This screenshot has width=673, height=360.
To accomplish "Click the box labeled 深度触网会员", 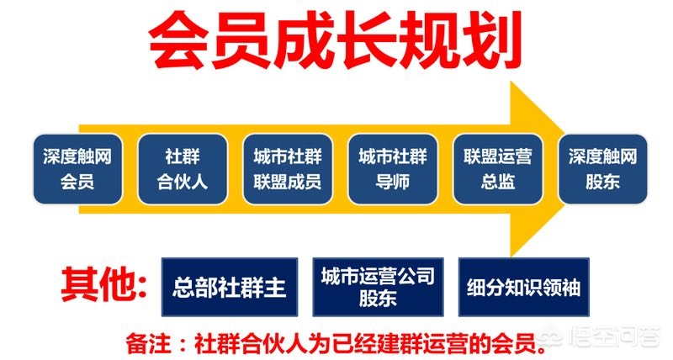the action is pyautogui.click(x=77, y=169).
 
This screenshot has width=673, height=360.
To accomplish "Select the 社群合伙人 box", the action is pyautogui.click(x=183, y=169).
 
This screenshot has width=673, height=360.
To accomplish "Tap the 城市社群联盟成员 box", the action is pyautogui.click(x=288, y=169).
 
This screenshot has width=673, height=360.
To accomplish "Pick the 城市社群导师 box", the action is pyautogui.click(x=393, y=169).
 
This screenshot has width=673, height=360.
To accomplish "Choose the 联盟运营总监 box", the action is pyautogui.click(x=498, y=169).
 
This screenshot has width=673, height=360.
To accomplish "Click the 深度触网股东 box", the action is pyautogui.click(x=603, y=169).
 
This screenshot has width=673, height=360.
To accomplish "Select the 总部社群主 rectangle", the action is pyautogui.click(x=229, y=287).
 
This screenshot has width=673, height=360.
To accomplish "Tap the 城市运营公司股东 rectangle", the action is pyautogui.click(x=378, y=287).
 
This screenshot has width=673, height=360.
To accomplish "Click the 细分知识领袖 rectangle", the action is pyautogui.click(x=523, y=287).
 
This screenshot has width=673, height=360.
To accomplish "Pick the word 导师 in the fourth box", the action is pyautogui.click(x=393, y=182).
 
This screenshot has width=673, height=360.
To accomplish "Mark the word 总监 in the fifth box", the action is pyautogui.click(x=498, y=182).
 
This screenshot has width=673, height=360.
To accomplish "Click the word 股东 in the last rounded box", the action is pyautogui.click(x=603, y=182).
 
